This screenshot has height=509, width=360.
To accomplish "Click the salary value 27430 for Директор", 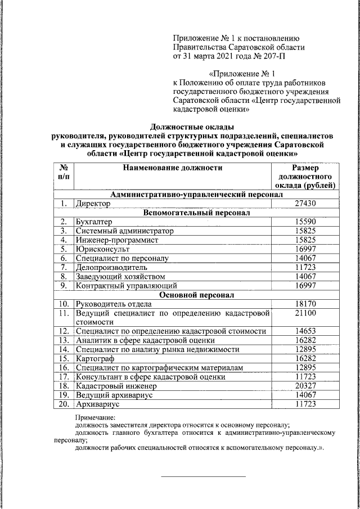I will pyautogui.click(x=305, y=205).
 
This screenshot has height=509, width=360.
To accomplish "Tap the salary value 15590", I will pyautogui.click(x=305, y=222).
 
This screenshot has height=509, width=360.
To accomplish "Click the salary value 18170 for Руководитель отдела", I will pyautogui.click(x=305, y=304).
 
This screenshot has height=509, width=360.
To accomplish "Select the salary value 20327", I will pyautogui.click(x=305, y=386).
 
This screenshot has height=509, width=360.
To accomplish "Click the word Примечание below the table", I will pyautogui.click(x=95, y=418).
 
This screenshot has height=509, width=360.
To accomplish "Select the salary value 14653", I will pyautogui.click(x=305, y=331).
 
